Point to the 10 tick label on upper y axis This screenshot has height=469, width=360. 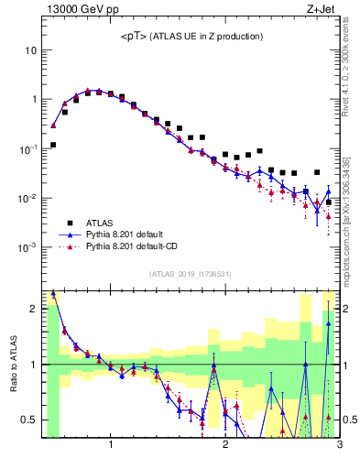30,50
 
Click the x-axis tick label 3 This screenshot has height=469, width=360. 340,447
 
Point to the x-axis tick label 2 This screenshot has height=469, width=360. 225,447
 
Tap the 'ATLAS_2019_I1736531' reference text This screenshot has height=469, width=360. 191,274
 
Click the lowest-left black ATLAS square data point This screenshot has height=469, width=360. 53,145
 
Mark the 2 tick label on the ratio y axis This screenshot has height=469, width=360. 31,310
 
